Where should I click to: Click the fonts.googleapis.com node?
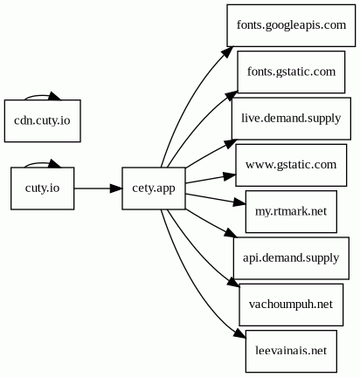[x=291, y=25]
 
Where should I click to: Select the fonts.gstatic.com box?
[x=291, y=72]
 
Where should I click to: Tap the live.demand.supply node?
[x=291, y=119]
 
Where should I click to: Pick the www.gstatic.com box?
[x=291, y=165]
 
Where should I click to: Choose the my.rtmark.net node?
[x=291, y=211]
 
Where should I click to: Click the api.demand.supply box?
[x=291, y=258]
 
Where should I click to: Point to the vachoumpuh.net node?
[x=291, y=305]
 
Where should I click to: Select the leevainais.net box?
[x=291, y=351]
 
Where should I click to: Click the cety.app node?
[x=154, y=188]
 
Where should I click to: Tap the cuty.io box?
[x=43, y=188]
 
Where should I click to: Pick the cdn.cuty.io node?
[x=43, y=121]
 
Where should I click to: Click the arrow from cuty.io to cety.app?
[x=98, y=188]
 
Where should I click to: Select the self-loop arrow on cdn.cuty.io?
[x=41, y=95]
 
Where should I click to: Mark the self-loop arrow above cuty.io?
[x=41, y=162]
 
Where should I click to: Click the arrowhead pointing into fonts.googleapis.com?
[x=227, y=51]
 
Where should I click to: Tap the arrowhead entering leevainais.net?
[x=240, y=334]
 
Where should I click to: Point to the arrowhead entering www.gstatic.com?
[x=230, y=176]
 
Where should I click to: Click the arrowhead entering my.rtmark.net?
[x=239, y=202]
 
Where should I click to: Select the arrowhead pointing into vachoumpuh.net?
[x=233, y=283]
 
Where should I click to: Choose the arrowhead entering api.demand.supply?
[x=231, y=233]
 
